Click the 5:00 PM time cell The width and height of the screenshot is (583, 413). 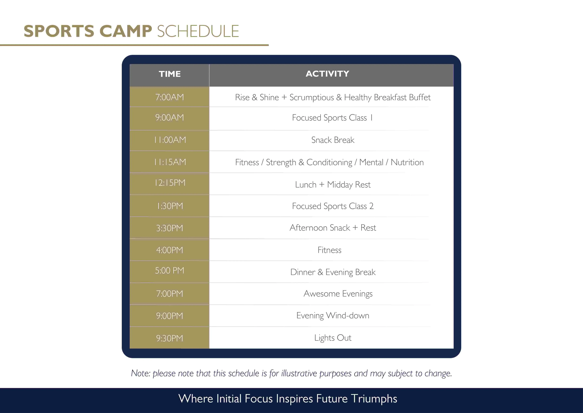[x=170, y=270]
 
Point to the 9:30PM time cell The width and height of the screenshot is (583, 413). [x=170, y=338]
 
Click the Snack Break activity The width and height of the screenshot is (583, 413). [x=333, y=140]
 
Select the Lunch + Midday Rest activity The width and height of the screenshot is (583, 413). [x=333, y=185]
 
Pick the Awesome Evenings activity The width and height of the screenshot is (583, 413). [x=338, y=294]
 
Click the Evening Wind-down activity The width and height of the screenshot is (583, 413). [x=333, y=316]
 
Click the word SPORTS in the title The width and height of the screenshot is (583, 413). [x=59, y=31]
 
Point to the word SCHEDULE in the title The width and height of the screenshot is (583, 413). [x=198, y=31]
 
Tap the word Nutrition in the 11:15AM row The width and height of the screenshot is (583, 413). [x=407, y=162]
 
